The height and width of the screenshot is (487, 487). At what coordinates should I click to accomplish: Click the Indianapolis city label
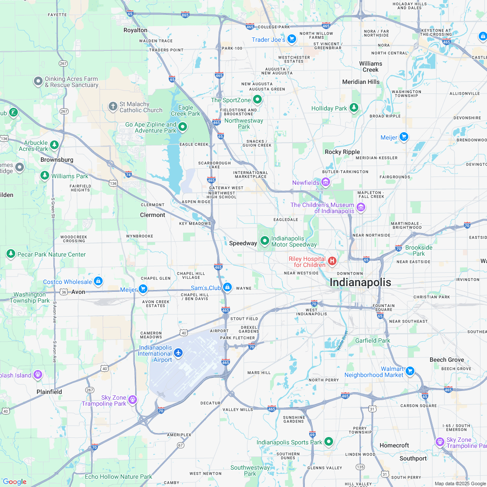point(360,282)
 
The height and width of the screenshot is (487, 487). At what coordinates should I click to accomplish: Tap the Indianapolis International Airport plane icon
point(178,354)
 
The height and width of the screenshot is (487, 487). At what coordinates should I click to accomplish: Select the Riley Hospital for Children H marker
point(332,261)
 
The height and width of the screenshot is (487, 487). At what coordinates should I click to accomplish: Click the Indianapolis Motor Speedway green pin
point(264,240)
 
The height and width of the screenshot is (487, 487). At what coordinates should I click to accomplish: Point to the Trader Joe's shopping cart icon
point(291,39)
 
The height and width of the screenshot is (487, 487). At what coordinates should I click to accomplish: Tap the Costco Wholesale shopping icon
point(98,281)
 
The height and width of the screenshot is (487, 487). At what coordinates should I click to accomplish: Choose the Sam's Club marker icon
point(227,287)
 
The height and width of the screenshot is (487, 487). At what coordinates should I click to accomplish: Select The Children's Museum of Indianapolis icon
point(360,207)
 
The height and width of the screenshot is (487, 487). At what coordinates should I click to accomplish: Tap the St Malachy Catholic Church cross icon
point(113,106)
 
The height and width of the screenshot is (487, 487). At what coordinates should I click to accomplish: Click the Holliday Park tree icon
point(354,107)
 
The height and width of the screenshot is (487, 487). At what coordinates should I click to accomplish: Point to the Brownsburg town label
point(57,160)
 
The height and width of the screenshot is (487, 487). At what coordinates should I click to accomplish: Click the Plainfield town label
point(49,392)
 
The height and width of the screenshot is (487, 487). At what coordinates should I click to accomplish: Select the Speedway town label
point(243,243)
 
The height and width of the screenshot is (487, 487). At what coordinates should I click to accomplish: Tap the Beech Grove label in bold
point(447,360)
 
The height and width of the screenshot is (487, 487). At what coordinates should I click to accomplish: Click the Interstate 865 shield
point(185,15)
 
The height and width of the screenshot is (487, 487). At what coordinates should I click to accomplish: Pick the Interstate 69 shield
point(312,434)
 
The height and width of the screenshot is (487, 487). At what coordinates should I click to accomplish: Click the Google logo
point(14,481)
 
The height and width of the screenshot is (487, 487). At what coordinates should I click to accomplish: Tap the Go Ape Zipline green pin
point(183,127)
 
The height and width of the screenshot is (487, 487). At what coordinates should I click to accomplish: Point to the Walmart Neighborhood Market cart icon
point(409,371)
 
